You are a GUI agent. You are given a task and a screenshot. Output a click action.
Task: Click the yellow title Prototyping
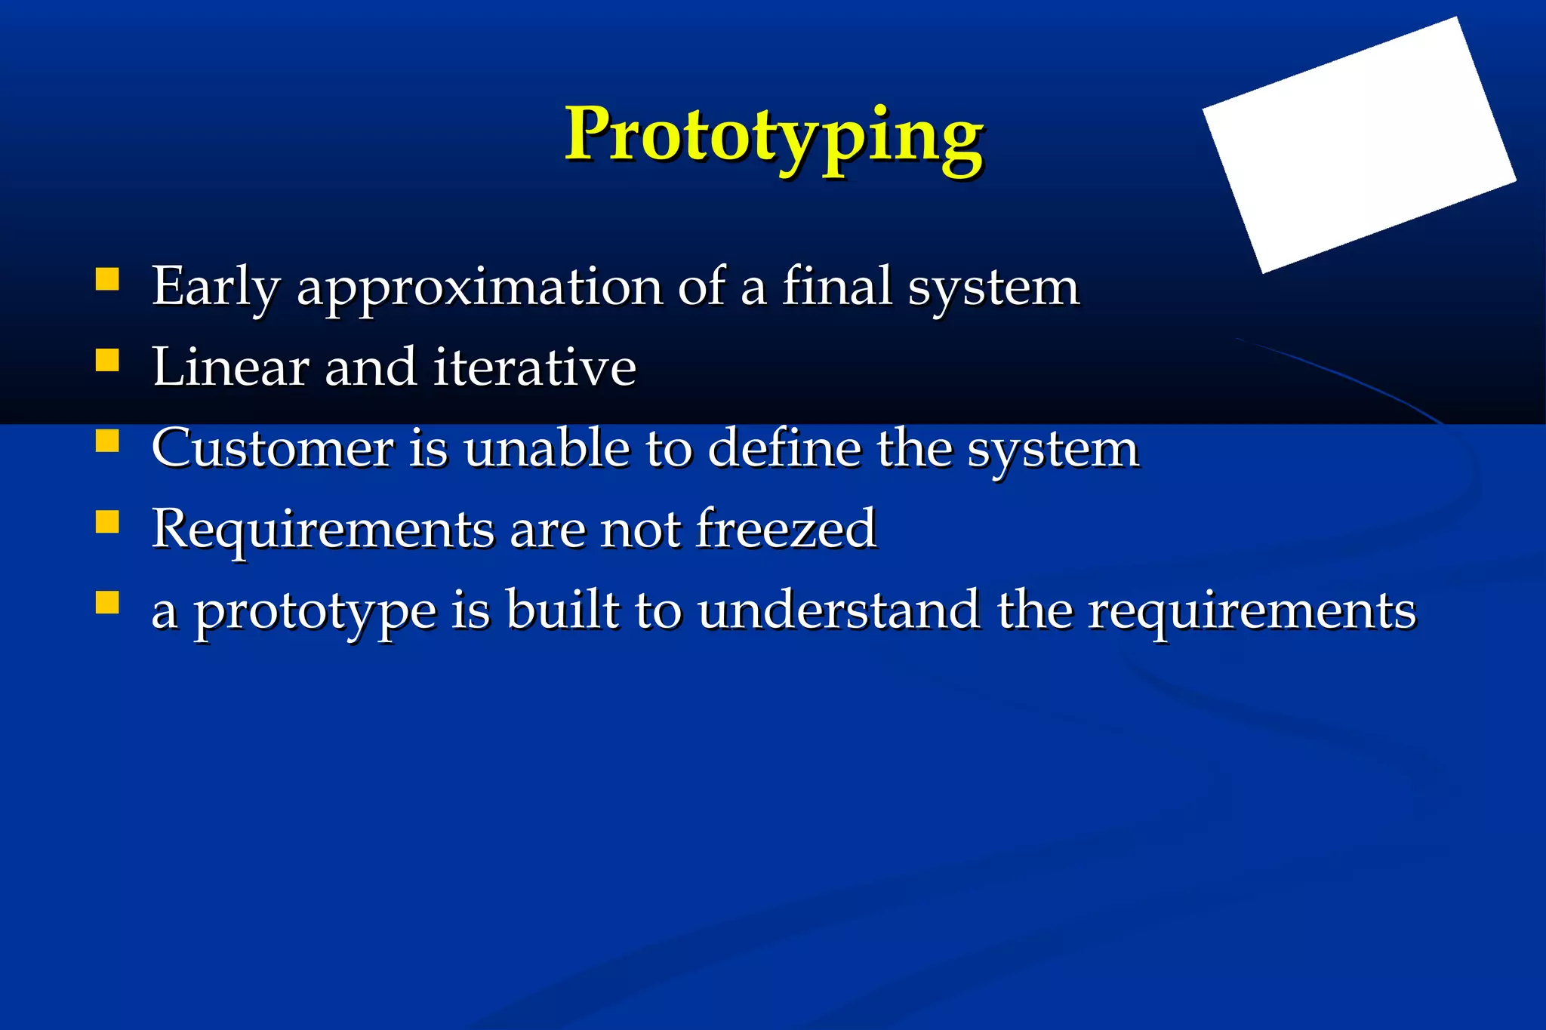[x=774, y=136]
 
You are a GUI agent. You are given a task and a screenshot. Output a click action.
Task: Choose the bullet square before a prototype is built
[x=107, y=602]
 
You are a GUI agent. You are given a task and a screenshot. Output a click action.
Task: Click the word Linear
[x=230, y=367]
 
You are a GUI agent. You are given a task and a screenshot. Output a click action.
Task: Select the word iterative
[x=535, y=367]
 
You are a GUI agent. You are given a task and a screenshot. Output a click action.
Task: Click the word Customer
[x=273, y=448]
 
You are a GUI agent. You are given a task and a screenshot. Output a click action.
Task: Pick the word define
[x=784, y=448]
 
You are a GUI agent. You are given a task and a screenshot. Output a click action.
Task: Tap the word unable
[x=547, y=448]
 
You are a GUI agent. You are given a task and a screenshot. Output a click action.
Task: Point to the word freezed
[x=786, y=529]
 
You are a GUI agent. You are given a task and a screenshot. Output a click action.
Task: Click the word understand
[x=839, y=610]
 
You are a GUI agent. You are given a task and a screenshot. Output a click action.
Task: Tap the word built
[x=562, y=610]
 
